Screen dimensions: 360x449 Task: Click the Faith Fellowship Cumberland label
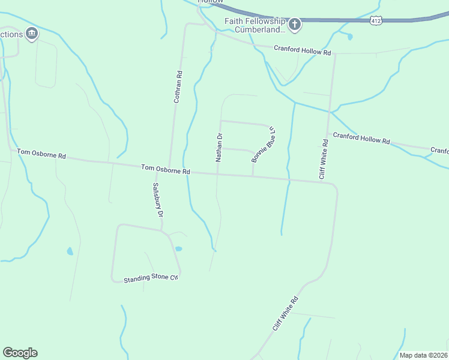pos(255,25)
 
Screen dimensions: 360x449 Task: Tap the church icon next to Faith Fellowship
pos(294,25)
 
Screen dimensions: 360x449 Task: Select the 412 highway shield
pos(376,20)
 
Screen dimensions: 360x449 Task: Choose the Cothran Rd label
pos(178,86)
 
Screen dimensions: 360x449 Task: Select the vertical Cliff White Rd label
pos(324,159)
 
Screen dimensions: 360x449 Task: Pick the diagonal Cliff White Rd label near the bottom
pos(285,314)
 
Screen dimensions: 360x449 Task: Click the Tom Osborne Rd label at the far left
pos(41,155)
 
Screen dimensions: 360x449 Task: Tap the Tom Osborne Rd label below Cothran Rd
pos(166,169)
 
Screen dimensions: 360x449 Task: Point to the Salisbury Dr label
pos(158,200)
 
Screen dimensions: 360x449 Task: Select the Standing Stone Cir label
pos(151,279)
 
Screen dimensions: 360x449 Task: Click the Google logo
pos(20,353)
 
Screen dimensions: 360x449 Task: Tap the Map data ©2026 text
pos(423,355)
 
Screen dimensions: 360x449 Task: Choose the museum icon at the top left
pos(32,34)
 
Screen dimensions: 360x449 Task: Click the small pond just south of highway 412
pos(349,37)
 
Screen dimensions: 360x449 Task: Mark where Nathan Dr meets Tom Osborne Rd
pos(217,174)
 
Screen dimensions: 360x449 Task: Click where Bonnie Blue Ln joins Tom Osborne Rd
pos(253,176)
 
